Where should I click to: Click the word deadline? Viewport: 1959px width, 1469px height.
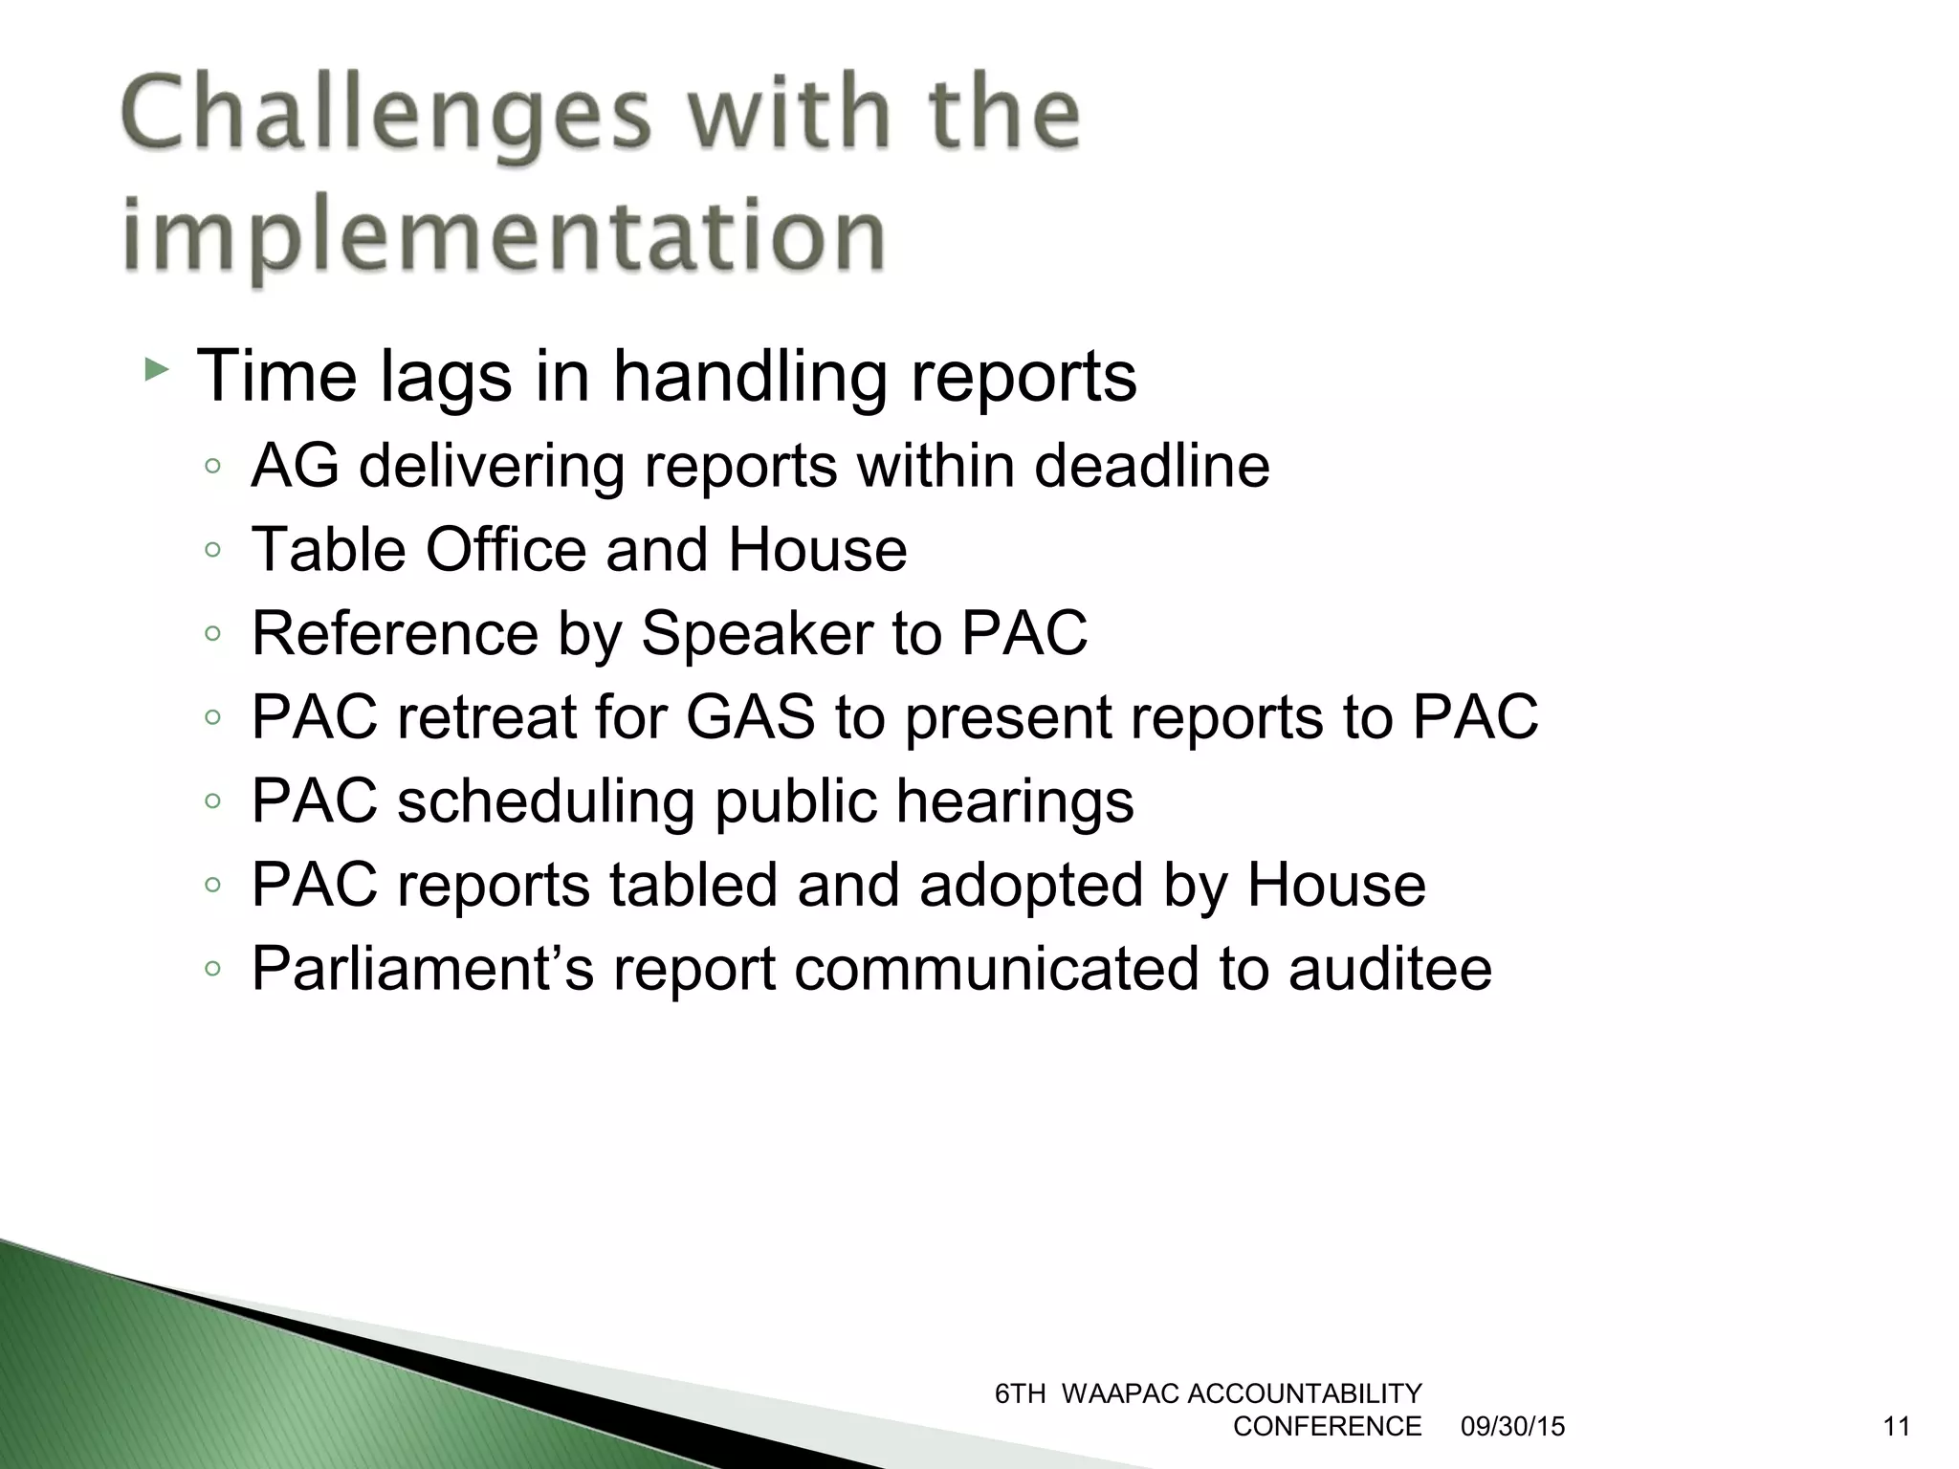1153,466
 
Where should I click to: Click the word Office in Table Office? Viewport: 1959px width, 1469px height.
506,550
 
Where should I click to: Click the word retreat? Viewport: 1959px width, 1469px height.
487,717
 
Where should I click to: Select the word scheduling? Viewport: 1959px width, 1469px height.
545,801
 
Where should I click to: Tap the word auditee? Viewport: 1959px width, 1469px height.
1389,968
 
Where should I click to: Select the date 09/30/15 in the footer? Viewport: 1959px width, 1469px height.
1512,1427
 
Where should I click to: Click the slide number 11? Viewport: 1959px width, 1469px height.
1896,1427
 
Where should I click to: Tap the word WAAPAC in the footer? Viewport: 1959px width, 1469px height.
1119,1394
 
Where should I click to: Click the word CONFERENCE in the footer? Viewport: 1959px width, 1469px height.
1327,1427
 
